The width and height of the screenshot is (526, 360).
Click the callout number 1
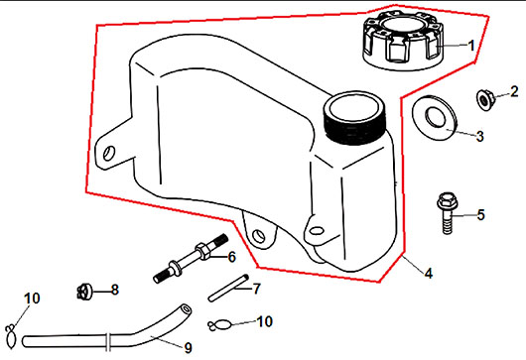pyautogui.click(x=471, y=46)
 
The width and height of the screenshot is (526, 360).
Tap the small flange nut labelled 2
pyautogui.click(x=484, y=99)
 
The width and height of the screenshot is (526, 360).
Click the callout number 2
pyautogui.click(x=514, y=91)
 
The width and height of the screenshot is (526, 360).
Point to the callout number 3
pyautogui.click(x=480, y=136)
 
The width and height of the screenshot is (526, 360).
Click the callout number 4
pyautogui.click(x=429, y=273)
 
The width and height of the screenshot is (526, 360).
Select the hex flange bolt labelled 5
pyautogui.click(x=447, y=212)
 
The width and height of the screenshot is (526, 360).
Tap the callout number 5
pyautogui.click(x=480, y=215)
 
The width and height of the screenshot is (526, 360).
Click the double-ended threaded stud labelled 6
pyautogui.click(x=191, y=259)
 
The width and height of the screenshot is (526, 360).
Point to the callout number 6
pyautogui.click(x=231, y=257)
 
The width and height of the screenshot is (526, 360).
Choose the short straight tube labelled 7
pyautogui.click(x=228, y=288)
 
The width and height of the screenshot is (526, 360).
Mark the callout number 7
pyautogui.click(x=256, y=289)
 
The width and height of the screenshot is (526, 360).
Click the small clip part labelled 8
pyautogui.click(x=84, y=291)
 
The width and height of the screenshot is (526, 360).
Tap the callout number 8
pyautogui.click(x=115, y=290)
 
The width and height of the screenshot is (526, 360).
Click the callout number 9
pyautogui.click(x=188, y=347)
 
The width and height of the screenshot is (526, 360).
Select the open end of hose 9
pyautogui.click(x=186, y=308)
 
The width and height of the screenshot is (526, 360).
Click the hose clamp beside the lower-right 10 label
pyautogui.click(x=219, y=325)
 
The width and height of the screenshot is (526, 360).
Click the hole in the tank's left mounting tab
pyautogui.click(x=109, y=153)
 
